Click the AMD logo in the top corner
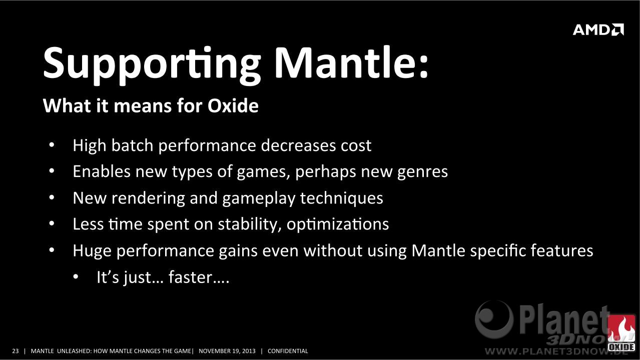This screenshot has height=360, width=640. [598, 29]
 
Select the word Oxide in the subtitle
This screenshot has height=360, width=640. [233, 105]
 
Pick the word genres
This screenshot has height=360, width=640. [422, 172]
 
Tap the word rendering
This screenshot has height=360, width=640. [148, 198]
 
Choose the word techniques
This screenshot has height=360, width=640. [341, 198]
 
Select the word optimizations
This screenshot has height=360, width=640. [337, 224]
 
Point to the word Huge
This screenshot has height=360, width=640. [92, 251]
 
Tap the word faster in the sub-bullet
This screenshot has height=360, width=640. [190, 277]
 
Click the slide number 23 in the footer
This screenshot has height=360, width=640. [15, 351]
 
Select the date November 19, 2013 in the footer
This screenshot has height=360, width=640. [227, 351]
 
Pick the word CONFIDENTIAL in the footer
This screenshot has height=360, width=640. [288, 351]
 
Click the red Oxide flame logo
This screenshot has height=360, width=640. [621, 333]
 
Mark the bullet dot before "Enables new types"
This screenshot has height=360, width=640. [52, 171]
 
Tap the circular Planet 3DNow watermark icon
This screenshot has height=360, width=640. [494, 319]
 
